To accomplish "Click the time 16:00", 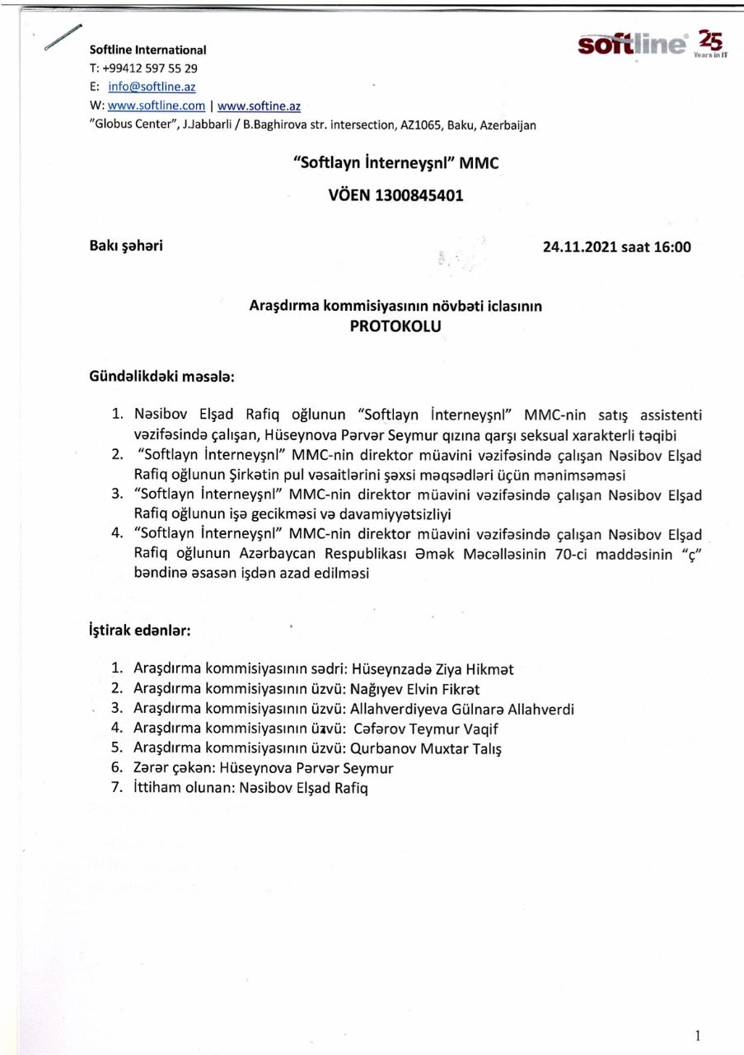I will [x=672, y=246].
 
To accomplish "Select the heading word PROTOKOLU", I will [x=395, y=326].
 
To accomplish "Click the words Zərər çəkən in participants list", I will [x=171, y=768].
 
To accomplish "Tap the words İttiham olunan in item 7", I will [x=181, y=788].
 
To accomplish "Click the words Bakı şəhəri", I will [x=125, y=246].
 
